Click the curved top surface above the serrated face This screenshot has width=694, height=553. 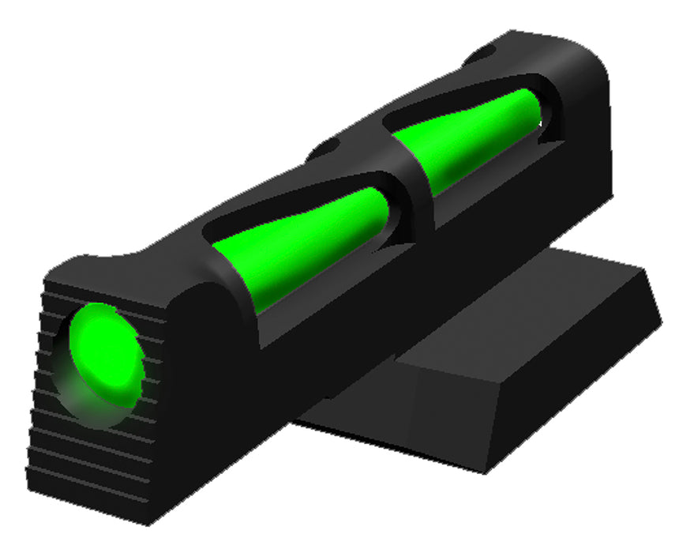[x=118, y=265]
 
